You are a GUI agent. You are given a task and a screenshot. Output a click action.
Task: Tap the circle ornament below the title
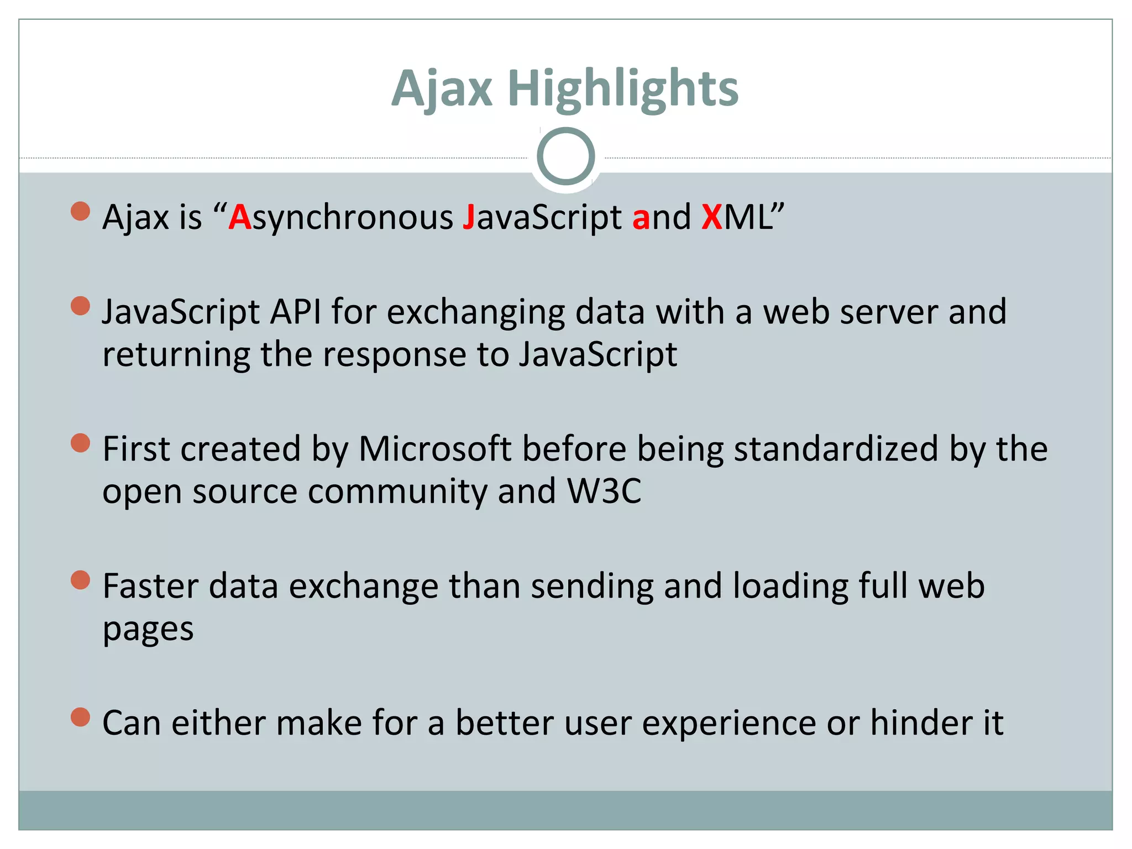(565, 156)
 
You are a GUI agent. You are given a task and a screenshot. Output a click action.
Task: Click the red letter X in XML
(712, 217)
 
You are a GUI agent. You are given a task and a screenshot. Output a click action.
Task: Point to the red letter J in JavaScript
(469, 217)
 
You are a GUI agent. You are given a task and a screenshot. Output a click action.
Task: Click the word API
(295, 312)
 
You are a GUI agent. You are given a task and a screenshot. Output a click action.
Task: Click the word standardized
(836, 448)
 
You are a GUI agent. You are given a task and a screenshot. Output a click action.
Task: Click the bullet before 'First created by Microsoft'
(81, 443)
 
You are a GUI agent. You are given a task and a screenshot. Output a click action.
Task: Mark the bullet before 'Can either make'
(81, 717)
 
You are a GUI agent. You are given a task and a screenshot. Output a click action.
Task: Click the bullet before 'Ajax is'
(81, 211)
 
